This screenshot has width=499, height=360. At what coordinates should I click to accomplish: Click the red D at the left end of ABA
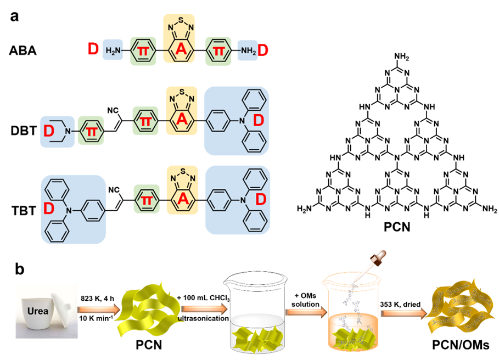(94, 51)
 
